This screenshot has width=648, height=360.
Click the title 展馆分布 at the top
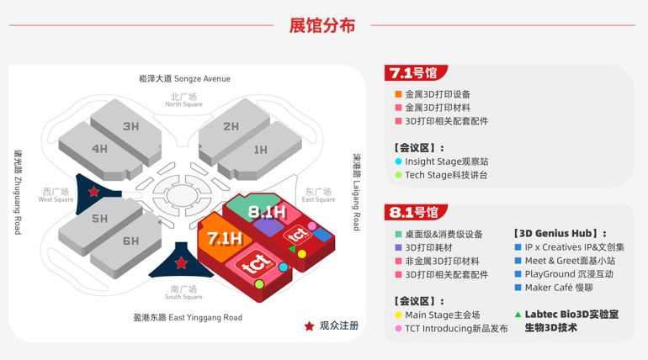click(322, 25)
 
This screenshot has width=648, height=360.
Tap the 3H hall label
click(130, 127)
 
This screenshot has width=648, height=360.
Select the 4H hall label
click(100, 149)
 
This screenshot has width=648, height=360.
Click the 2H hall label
click(231, 127)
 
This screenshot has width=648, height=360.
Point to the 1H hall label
click(260, 150)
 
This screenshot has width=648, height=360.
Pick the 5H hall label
click(100, 219)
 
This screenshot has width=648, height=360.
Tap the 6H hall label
click(130, 241)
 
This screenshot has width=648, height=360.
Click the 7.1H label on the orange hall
click(225, 237)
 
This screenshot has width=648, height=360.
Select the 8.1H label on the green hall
click(268, 212)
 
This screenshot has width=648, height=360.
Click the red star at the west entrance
click(94, 193)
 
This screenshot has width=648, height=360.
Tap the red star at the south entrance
click(181, 264)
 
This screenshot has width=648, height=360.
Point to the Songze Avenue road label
click(184, 79)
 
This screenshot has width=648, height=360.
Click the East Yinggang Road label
click(188, 317)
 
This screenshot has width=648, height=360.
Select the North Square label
click(183, 100)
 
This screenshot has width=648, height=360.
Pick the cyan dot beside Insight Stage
click(398, 161)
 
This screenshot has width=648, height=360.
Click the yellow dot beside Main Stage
click(398, 315)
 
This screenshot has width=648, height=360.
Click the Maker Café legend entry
click(558, 288)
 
